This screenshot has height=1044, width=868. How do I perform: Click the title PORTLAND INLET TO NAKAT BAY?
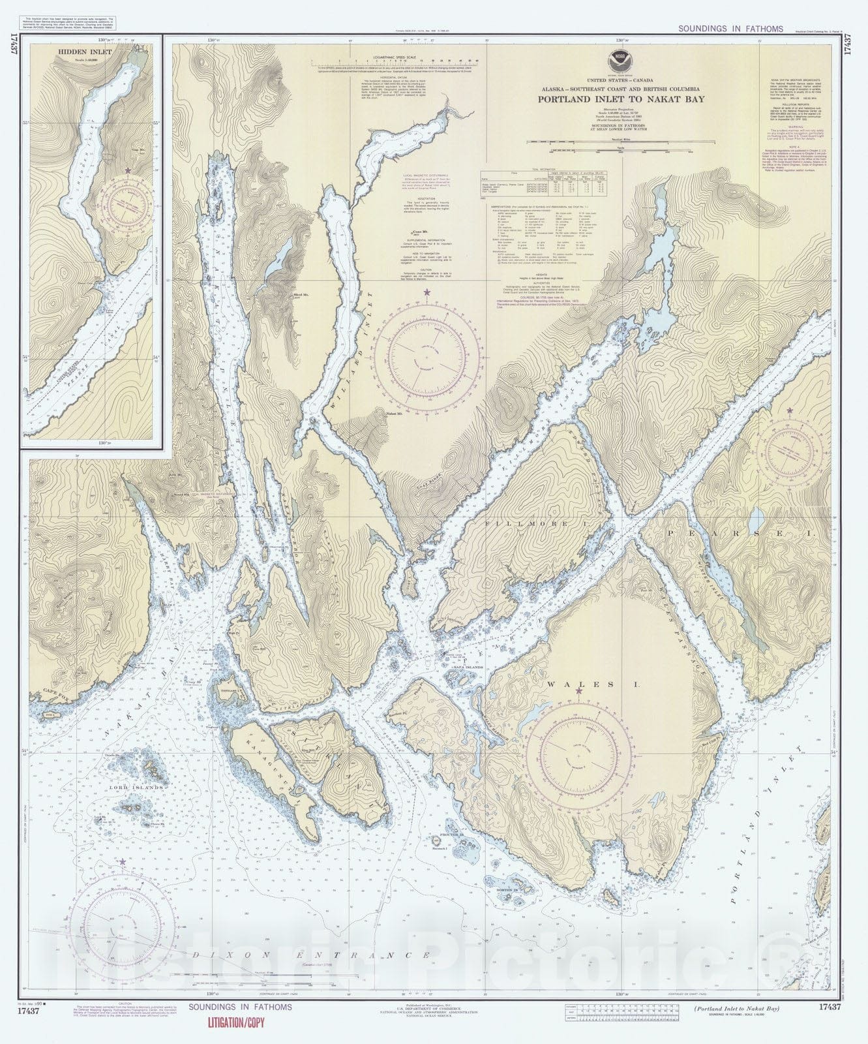(616, 100)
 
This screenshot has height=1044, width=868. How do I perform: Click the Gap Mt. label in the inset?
(138, 150)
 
